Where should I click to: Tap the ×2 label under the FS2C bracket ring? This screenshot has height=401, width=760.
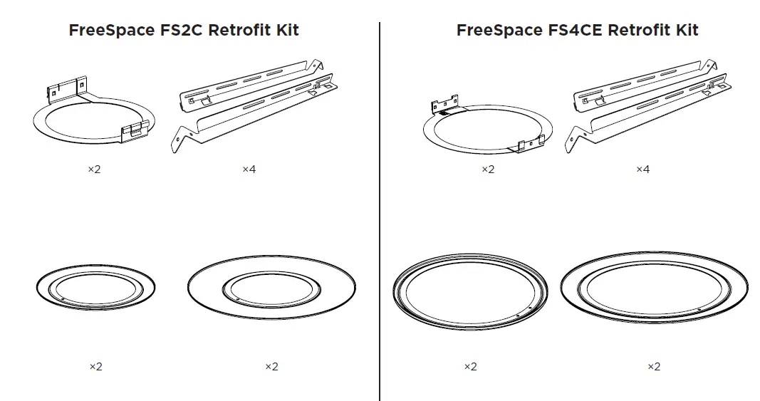tap(94, 170)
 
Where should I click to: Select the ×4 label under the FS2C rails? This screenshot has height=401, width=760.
tap(249, 170)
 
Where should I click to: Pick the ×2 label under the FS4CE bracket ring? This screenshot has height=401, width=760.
tap(487, 170)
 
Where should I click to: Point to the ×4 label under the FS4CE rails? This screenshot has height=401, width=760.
tap(642, 170)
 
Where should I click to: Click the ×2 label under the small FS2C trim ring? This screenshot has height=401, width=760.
tap(95, 367)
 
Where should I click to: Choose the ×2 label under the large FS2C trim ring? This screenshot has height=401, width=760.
tap(271, 367)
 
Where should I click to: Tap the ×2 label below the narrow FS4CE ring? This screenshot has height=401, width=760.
tap(470, 367)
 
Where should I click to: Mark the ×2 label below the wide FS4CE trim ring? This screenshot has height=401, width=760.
tap(653, 367)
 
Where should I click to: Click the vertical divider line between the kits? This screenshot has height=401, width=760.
tap(380, 214)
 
